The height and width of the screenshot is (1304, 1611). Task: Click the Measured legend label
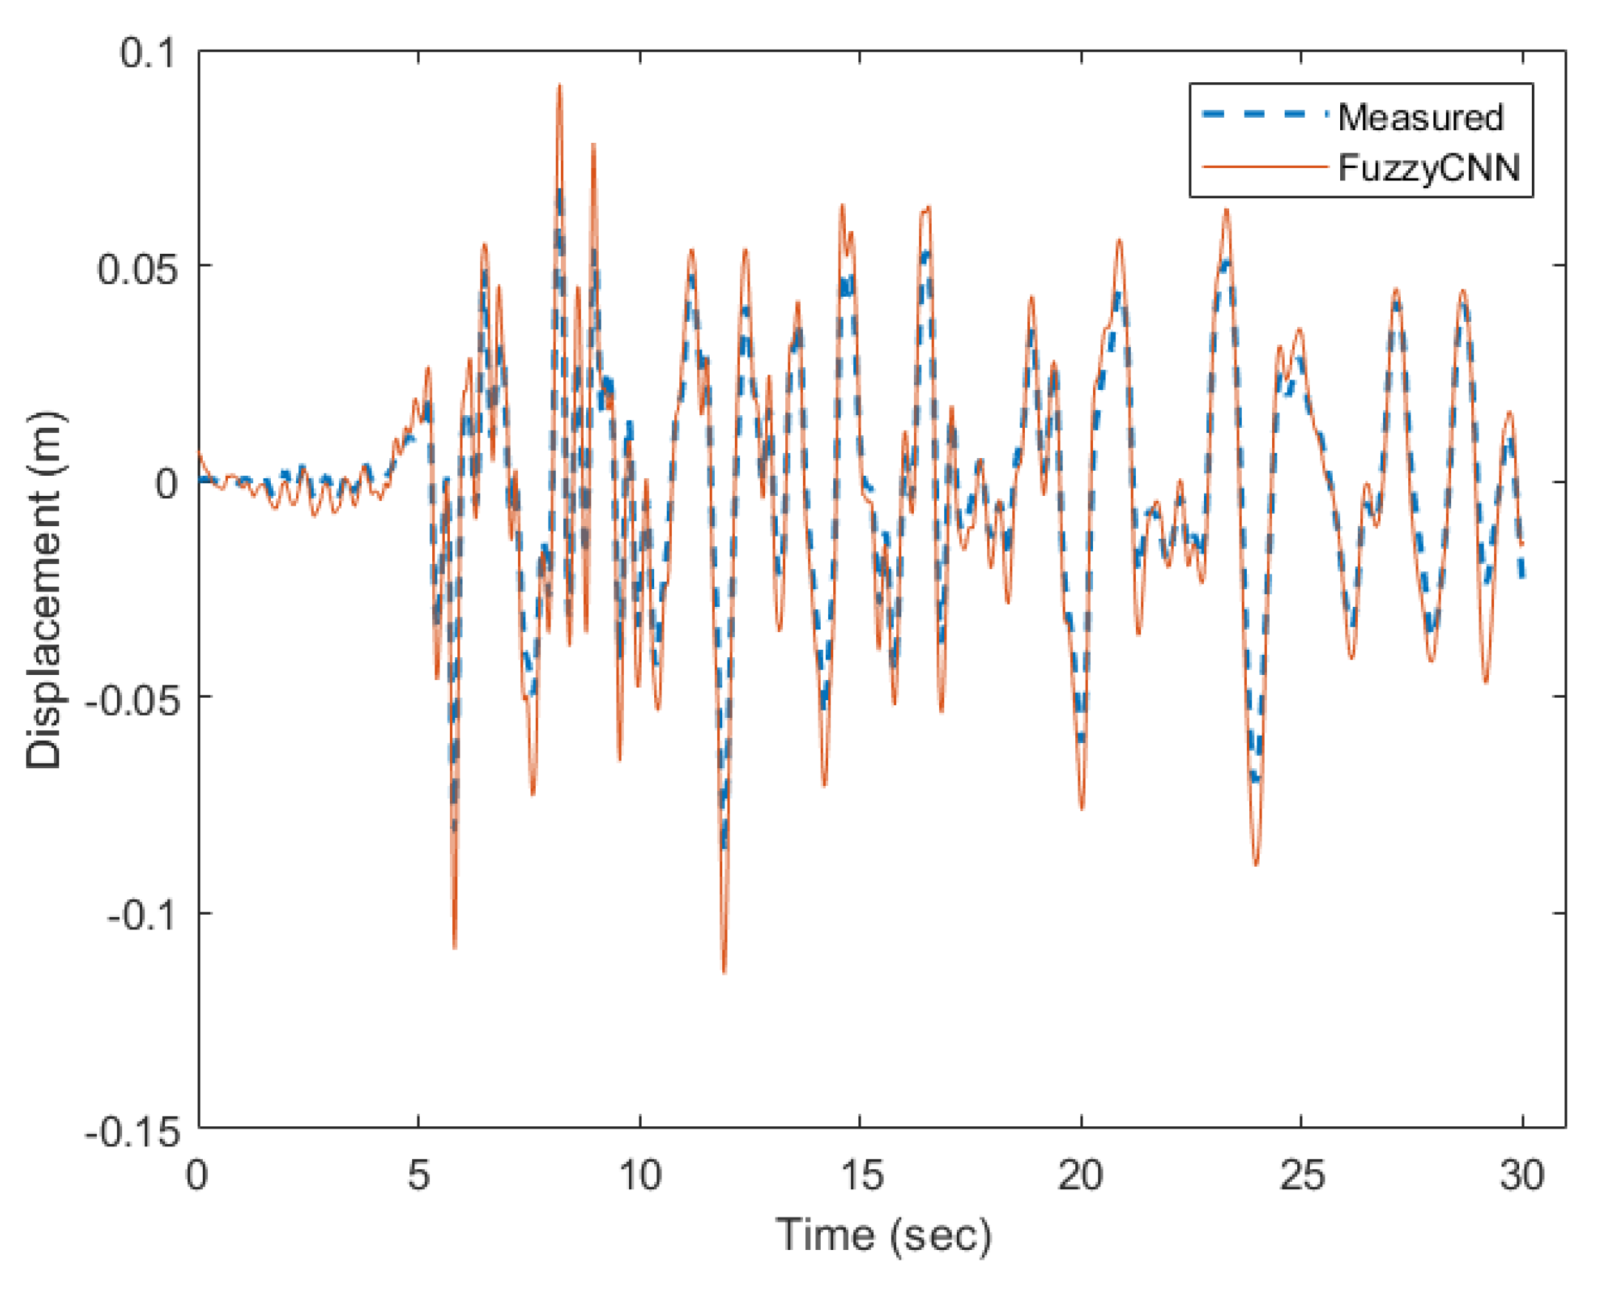[1419, 118]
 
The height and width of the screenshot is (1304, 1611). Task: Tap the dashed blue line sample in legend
[1264, 115]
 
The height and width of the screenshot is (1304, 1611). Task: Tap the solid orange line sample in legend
[1264, 166]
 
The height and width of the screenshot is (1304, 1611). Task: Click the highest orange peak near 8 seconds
[559, 87]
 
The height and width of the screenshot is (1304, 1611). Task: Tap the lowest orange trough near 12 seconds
[724, 971]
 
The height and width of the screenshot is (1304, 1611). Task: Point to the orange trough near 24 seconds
[1256, 864]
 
